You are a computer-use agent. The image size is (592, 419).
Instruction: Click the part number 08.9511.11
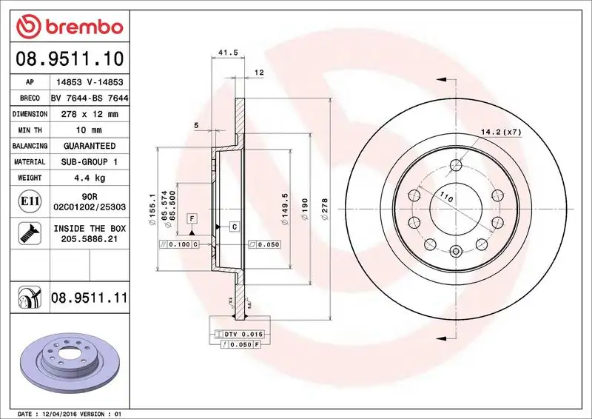pos(90,298)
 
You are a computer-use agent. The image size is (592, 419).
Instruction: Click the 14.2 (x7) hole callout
pos(502,132)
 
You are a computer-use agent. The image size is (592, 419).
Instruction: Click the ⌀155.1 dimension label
pos(153,207)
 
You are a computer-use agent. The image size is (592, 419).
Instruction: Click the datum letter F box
pos(192,218)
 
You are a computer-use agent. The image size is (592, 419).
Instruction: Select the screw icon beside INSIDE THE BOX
pos(26,235)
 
